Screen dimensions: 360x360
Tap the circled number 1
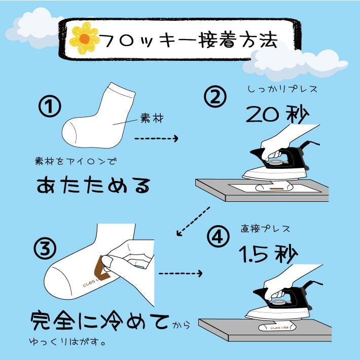click(x=50, y=106)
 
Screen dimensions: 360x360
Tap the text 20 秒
click(x=277, y=114)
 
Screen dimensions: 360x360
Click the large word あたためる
click(x=93, y=185)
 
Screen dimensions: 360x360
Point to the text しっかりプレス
click(x=282, y=89)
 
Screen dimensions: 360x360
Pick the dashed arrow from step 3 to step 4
click(x=180, y=273)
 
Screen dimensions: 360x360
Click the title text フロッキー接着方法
click(x=189, y=41)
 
